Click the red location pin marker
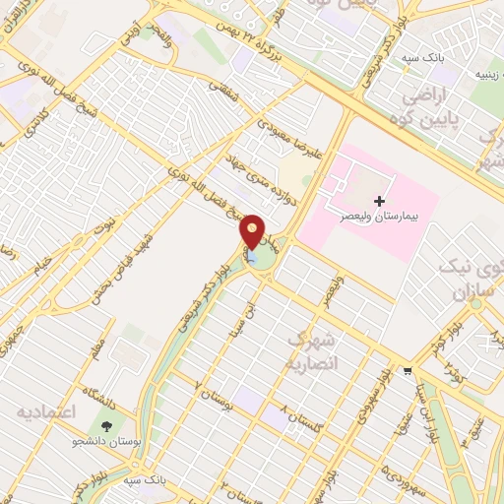click(253, 229)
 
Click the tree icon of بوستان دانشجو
click(104, 425)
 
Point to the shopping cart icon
click(408, 371)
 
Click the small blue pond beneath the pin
click(253, 258)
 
